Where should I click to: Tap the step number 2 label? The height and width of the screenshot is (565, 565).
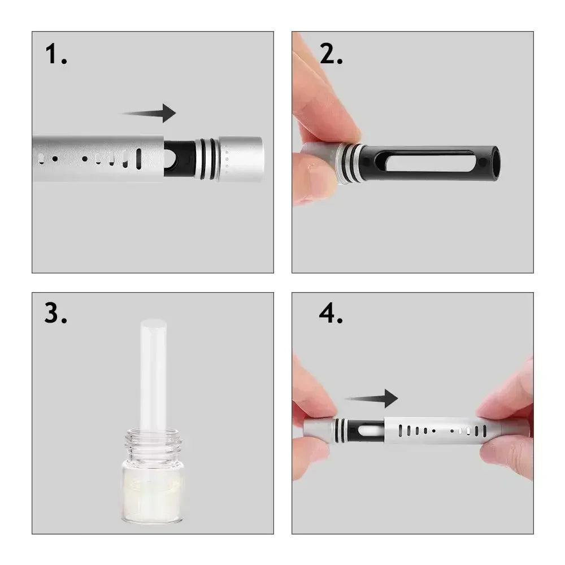coord(331,55)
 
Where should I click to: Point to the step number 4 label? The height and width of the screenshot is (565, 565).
coord(331,314)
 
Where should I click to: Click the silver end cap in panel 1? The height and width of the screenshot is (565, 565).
coord(241,159)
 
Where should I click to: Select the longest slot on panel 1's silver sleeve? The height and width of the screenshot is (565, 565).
coord(139,159)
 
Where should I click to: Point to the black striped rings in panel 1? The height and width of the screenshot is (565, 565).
coord(207,159)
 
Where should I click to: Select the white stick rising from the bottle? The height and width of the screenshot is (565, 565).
coord(153,373)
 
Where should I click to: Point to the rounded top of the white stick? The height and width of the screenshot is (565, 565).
coord(153,325)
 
